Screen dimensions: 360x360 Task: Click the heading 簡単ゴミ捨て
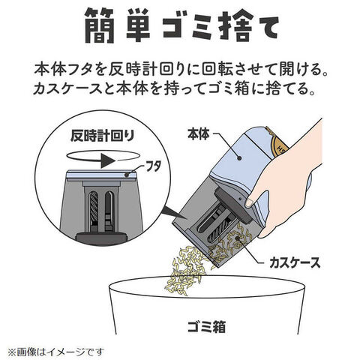pyautogui.click(x=181, y=25)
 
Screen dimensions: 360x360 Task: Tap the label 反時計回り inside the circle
pyautogui.click(x=102, y=135)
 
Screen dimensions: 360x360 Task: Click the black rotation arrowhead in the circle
pyautogui.click(x=108, y=161)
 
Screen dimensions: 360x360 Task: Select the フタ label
pyautogui.click(x=153, y=166)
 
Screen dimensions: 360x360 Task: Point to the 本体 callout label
pyautogui.click(x=198, y=135)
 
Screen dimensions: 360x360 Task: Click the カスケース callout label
pyautogui.click(x=295, y=262)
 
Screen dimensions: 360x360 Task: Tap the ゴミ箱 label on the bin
pyautogui.click(x=206, y=326)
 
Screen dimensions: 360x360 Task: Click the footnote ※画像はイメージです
pyautogui.click(x=56, y=352)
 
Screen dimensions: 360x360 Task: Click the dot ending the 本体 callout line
pyautogui.click(x=239, y=158)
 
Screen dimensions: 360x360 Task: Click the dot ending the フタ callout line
pyautogui.click(x=127, y=175)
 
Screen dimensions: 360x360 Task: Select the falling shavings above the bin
pyautogui.click(x=185, y=270)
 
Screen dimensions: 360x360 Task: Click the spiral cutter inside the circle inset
pyautogui.click(x=94, y=208)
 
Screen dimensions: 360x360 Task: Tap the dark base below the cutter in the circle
pyautogui.click(x=101, y=238)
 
